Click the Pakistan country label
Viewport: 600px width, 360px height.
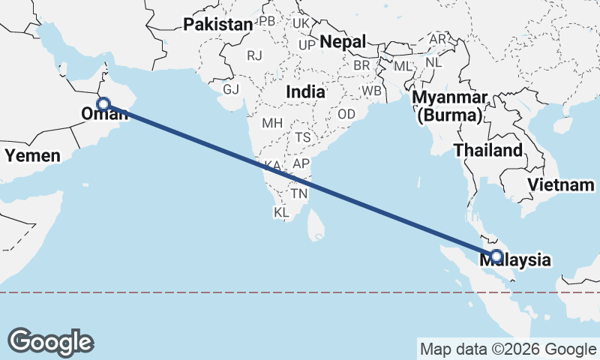[218, 25]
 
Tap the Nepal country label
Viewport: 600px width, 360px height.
[343, 42]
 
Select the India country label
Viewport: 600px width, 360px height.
[305, 92]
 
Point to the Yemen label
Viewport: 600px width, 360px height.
[32, 155]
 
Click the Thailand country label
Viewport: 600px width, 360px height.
[488, 150]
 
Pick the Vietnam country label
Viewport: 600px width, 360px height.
[560, 184]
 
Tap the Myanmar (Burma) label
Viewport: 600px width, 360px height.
[450, 106]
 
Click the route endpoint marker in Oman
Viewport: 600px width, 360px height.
[103, 104]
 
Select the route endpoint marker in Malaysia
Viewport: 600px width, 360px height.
[496, 256]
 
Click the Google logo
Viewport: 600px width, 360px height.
[51, 341]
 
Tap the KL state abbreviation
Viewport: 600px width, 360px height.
[281, 213]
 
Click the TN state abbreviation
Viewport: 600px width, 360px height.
[299, 193]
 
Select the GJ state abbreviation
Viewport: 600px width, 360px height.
[230, 89]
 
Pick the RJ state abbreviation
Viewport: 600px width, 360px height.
[255, 55]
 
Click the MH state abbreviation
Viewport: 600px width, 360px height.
[271, 122]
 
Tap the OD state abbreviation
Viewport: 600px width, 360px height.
[346, 114]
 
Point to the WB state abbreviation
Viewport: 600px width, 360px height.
[371, 91]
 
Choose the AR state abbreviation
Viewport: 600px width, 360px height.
[437, 38]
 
